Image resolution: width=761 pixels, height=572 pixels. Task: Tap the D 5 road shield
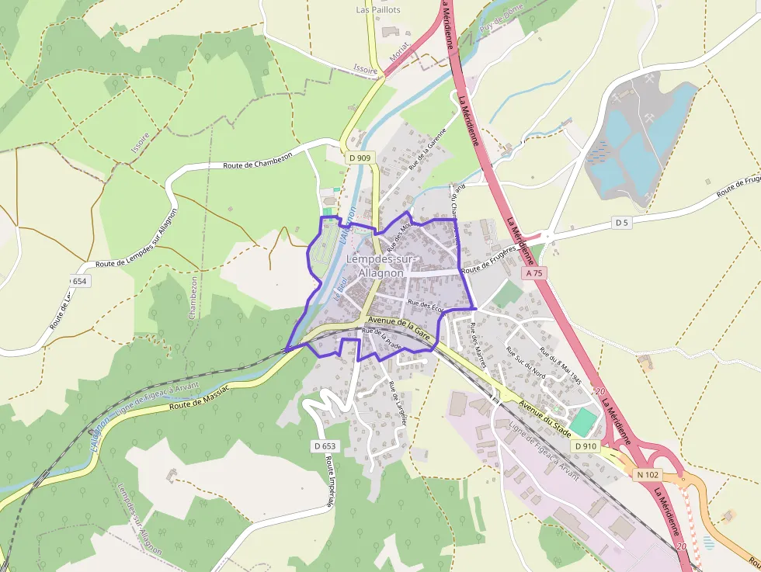coord(620,223)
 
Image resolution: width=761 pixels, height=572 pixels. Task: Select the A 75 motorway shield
coord(533,273)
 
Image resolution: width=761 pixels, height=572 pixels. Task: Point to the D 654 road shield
coord(78,280)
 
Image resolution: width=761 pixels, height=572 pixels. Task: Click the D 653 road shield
coord(327,446)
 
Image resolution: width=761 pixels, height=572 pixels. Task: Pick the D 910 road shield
coord(586,446)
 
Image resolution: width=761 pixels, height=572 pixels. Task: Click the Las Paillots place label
coord(378,10)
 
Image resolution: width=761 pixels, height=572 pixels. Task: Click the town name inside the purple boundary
coord(381,265)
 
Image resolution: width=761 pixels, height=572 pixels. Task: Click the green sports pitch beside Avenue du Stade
coord(583,421)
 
